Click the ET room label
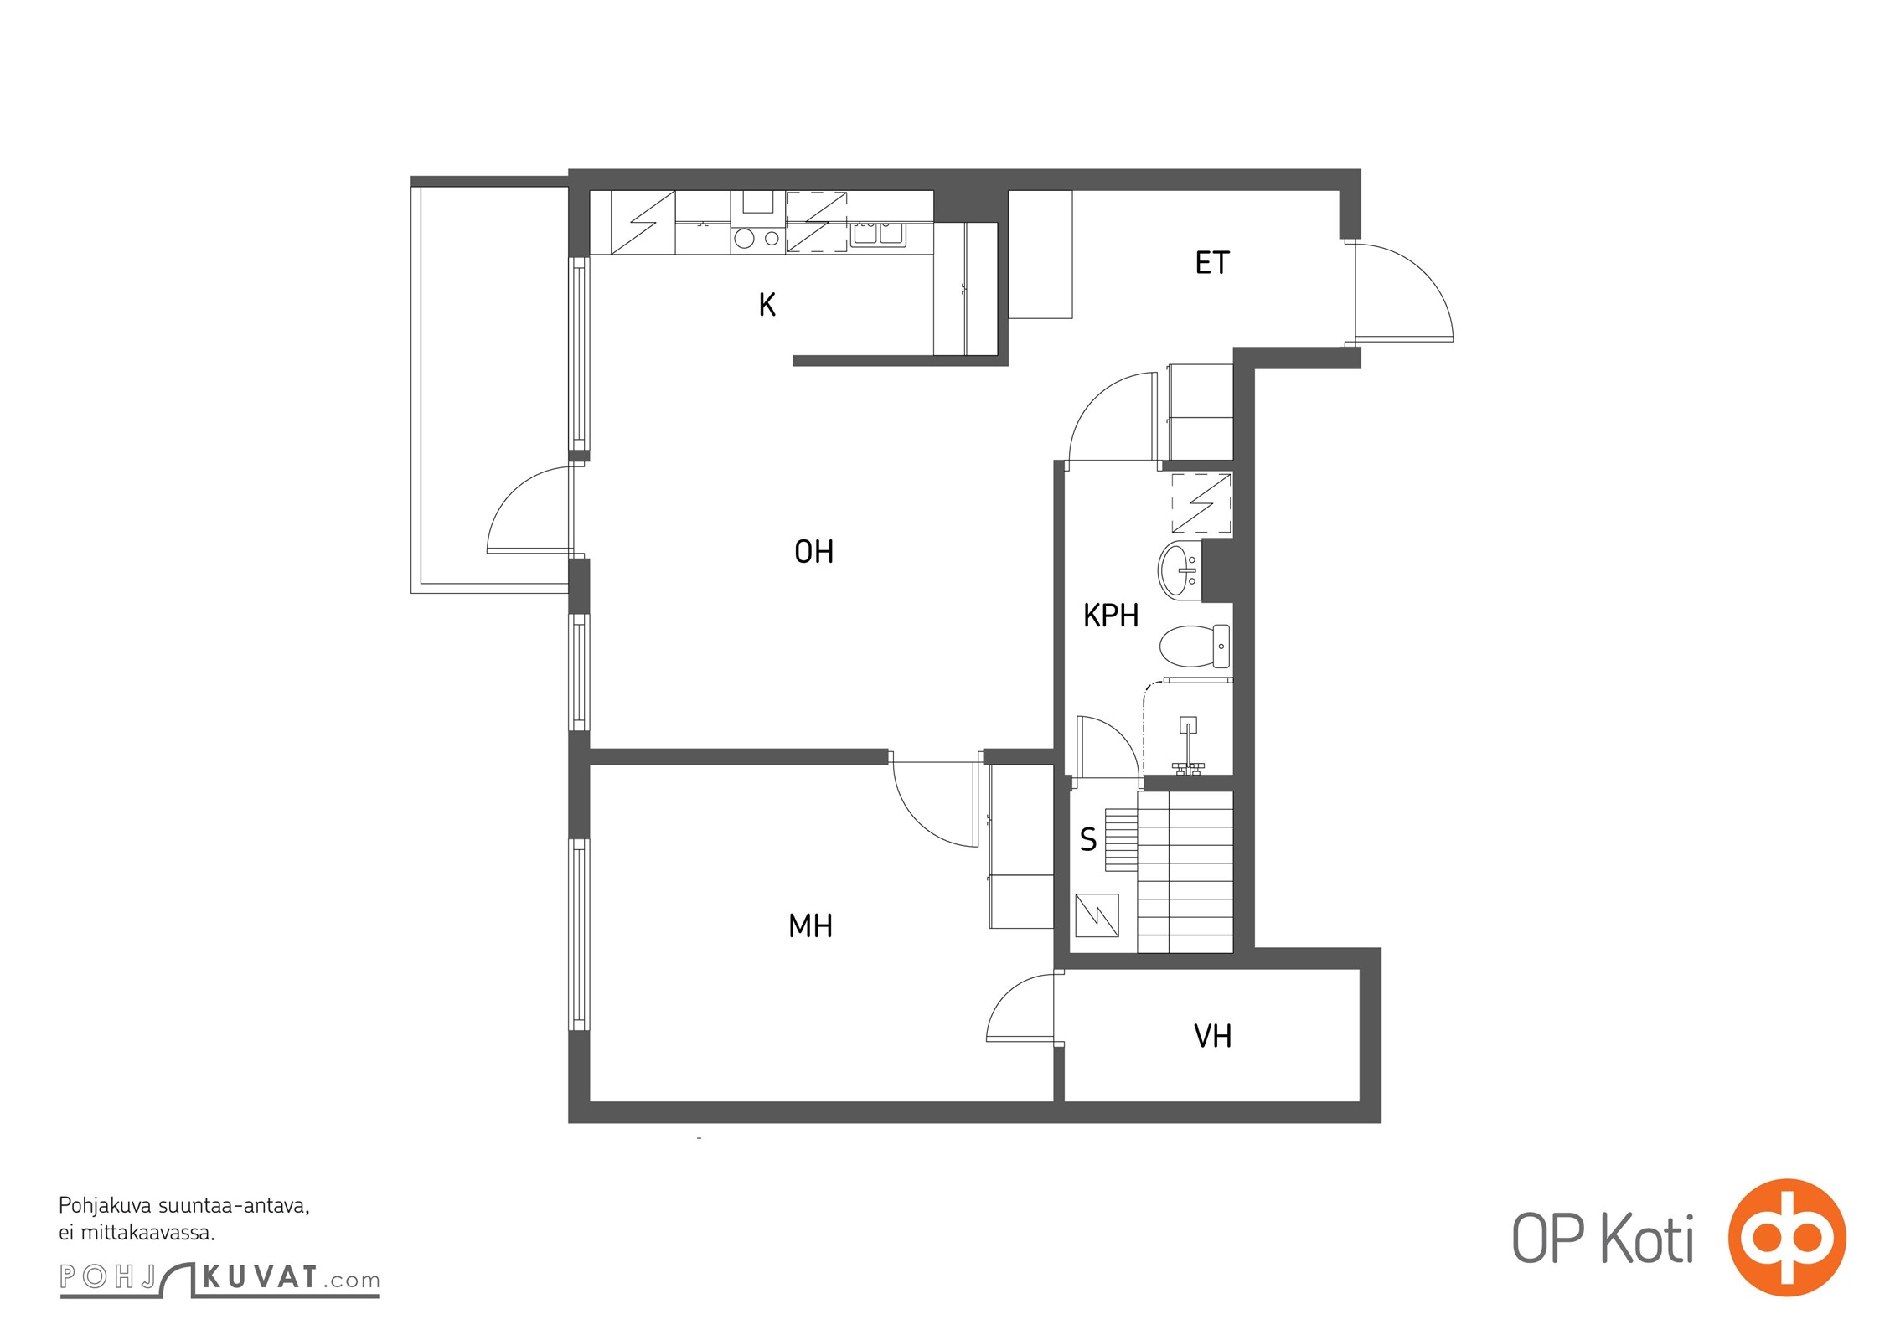pos(1211,263)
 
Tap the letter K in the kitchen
pos(767,305)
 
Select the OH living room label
pos(813,551)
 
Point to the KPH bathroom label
pos(1111,616)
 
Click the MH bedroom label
pos(810,925)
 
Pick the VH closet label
pos(1212,1037)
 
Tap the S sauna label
pos(1088,839)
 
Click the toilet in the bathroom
pos(1195,647)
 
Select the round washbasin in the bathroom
pos(1180,569)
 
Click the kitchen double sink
pos(878,234)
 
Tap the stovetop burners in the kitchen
pos(757,239)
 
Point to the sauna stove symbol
pos(1097,915)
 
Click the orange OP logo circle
pos(1787,1238)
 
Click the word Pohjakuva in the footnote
pos(106,1207)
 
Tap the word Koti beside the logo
pos(1648,1239)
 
